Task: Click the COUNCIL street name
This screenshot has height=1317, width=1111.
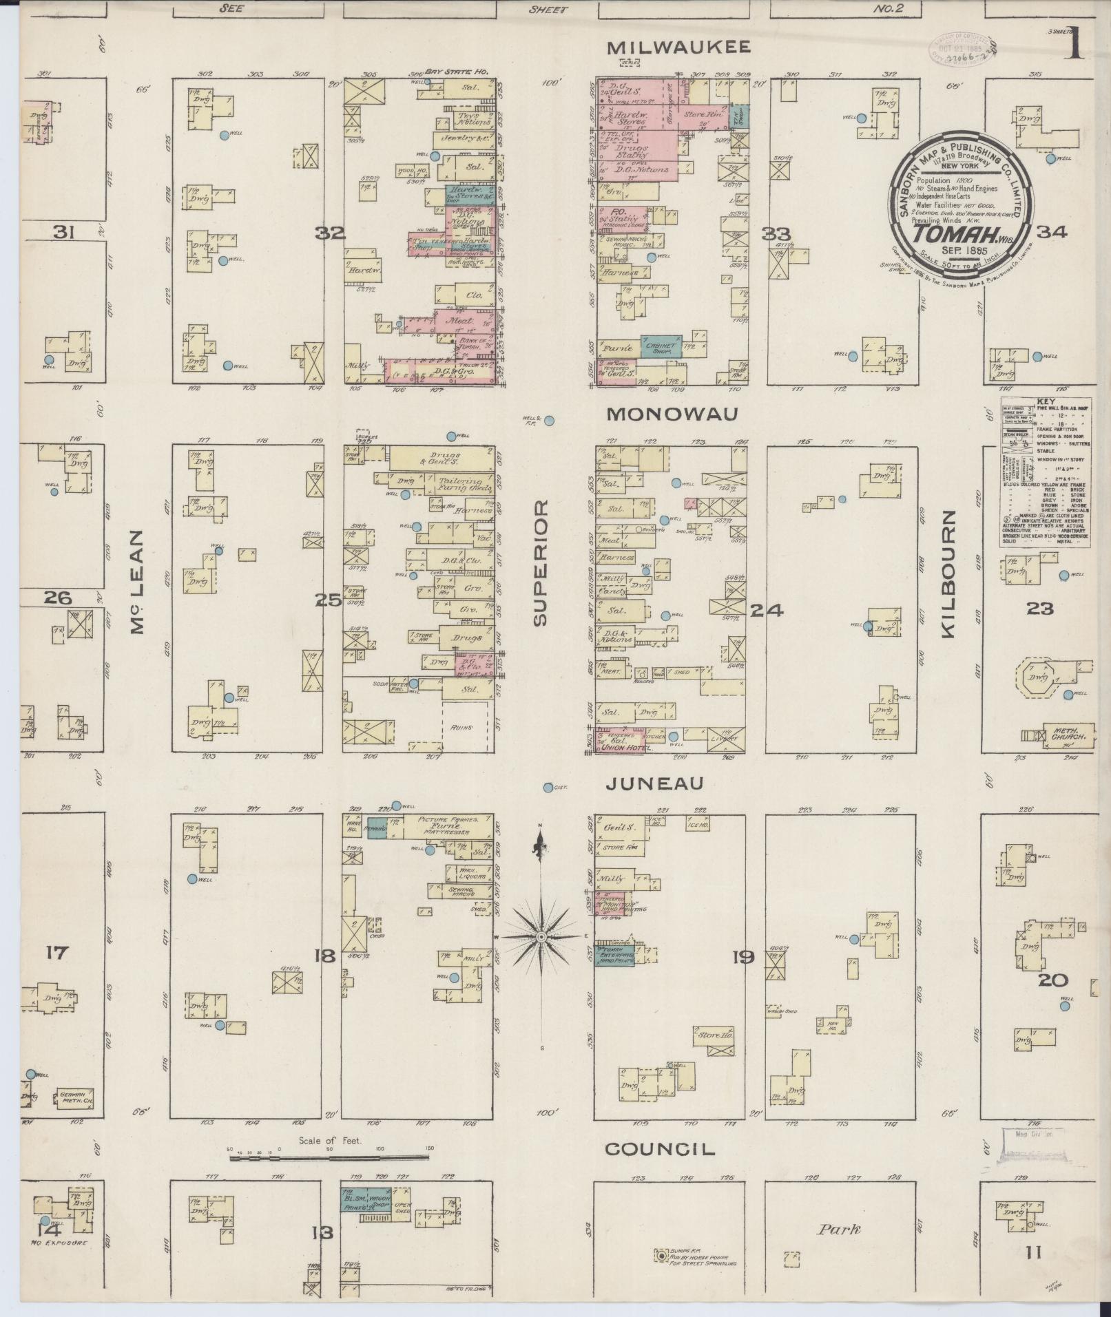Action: (660, 1149)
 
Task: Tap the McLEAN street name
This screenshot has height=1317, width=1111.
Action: (136, 582)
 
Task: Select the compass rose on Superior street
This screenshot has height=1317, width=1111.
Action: (541, 938)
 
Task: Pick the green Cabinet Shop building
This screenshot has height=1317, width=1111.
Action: (661, 345)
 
